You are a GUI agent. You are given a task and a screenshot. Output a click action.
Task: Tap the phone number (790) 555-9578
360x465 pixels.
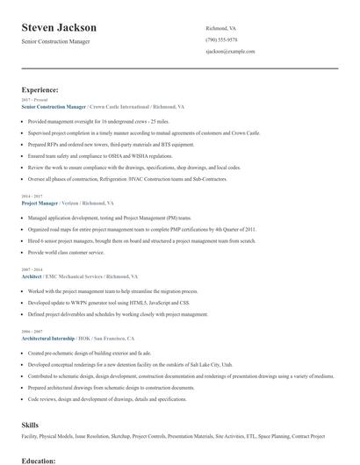(x=221, y=39)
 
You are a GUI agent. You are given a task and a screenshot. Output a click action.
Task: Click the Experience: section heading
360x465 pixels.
(x=40, y=89)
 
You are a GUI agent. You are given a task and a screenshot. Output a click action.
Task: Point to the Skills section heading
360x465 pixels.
(x=31, y=424)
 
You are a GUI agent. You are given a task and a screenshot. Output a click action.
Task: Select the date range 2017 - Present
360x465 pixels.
(x=36, y=100)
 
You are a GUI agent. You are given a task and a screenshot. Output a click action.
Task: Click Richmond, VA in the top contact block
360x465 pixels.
(x=220, y=27)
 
